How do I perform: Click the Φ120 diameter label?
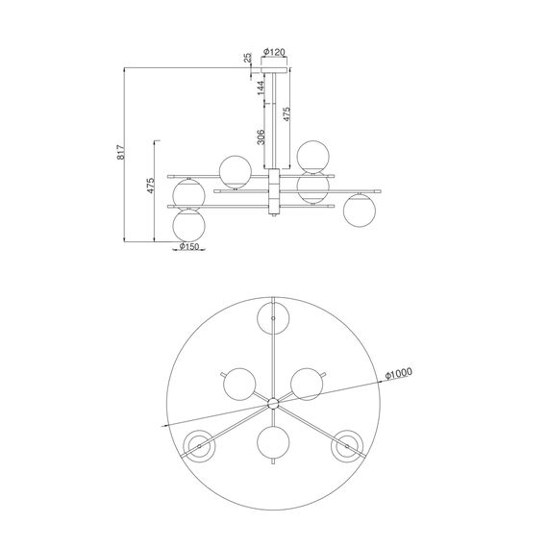(274, 53)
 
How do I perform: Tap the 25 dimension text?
(247, 58)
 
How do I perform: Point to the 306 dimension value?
(261, 137)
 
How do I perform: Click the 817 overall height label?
(120, 152)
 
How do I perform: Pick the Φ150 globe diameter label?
(189, 246)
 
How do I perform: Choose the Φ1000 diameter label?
(399, 374)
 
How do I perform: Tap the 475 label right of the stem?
(286, 114)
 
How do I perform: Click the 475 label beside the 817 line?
(150, 186)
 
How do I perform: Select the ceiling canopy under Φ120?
(275, 70)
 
